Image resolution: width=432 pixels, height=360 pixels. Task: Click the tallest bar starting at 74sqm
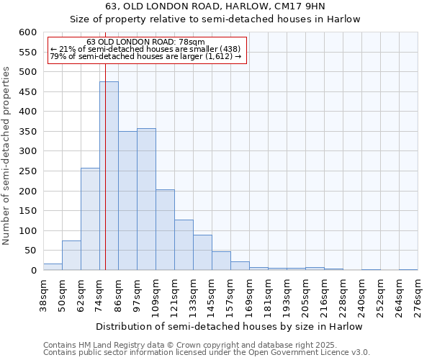click(109, 176)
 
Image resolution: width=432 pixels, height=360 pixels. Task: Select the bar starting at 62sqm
click(90, 220)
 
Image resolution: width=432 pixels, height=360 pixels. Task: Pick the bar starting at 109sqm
click(165, 230)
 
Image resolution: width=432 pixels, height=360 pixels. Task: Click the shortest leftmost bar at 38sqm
click(53, 267)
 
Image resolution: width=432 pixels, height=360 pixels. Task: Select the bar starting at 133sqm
click(202, 253)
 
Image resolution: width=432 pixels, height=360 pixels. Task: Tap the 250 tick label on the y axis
click(27, 171)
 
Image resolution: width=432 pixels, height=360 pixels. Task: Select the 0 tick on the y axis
click(33, 271)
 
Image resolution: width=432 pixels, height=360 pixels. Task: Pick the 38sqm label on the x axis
click(44, 294)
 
